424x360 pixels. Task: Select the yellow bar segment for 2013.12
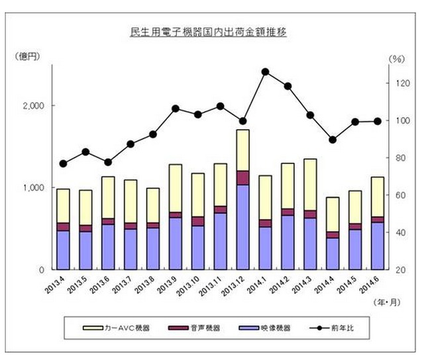[x=242, y=150]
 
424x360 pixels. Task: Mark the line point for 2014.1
[x=265, y=71]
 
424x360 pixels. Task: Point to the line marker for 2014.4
[x=333, y=140]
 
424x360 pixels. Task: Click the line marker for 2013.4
[x=63, y=163]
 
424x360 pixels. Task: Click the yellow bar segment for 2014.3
[x=310, y=185]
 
